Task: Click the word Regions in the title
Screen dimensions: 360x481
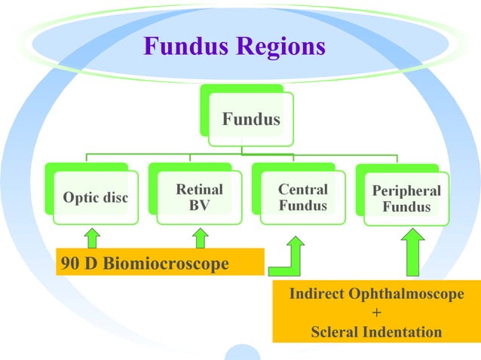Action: (x=281, y=47)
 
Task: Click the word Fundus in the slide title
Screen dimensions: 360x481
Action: (x=187, y=47)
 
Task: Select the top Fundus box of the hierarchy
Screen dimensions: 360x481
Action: (x=250, y=119)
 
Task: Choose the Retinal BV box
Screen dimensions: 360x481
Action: (x=199, y=197)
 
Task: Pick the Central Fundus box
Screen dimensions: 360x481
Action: (x=302, y=197)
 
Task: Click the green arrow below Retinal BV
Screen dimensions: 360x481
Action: (x=201, y=238)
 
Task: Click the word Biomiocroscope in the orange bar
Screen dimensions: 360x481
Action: (x=166, y=264)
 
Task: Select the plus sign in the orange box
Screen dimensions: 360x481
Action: (x=376, y=313)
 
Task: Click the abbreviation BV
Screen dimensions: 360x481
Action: (x=199, y=206)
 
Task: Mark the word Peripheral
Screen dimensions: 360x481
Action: (x=406, y=191)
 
